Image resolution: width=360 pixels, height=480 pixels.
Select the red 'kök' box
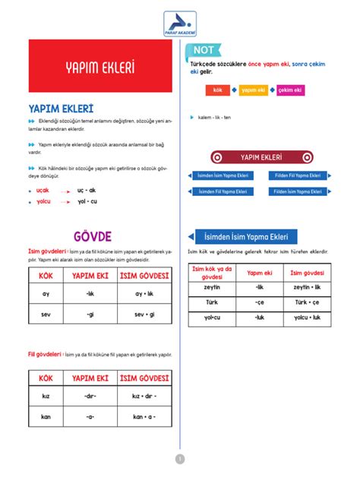pyautogui.click(x=217, y=90)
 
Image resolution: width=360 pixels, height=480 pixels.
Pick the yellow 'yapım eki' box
pyautogui.click(x=253, y=90)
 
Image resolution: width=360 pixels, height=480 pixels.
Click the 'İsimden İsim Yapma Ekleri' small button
pyautogui.click(x=223, y=175)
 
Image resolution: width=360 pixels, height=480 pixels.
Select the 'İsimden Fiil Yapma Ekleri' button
pyautogui.click(x=223, y=191)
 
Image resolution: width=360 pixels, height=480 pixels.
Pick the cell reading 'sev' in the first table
pyautogui.click(x=46, y=314)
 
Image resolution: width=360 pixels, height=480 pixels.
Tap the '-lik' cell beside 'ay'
pyautogui.click(x=90, y=293)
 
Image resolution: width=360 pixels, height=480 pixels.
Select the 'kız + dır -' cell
pyautogui.click(x=144, y=396)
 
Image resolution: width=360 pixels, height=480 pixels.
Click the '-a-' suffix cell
pyautogui.click(x=90, y=416)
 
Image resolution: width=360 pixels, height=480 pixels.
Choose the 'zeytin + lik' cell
pyautogui.click(x=307, y=287)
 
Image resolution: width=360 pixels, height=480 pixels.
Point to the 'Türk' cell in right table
pyautogui.click(x=212, y=302)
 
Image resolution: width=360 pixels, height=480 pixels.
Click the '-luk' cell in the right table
pyautogui.click(x=260, y=317)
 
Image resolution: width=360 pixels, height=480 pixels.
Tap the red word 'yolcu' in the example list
pyautogui.click(x=43, y=201)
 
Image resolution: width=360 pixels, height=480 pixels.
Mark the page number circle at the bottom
pyautogui.click(x=180, y=459)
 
